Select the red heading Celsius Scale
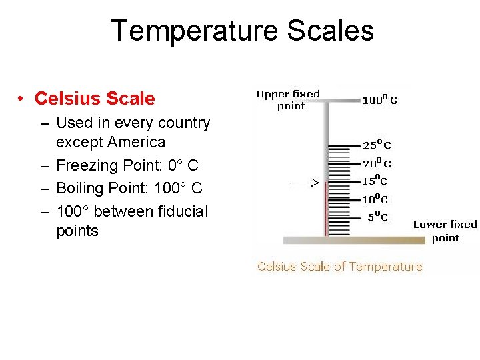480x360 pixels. point(95,99)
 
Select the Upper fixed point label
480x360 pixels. point(289,100)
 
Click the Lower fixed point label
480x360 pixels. point(445,231)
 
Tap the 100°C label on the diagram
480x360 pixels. point(379,101)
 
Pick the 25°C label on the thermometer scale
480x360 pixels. point(377,145)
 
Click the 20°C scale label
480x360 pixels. point(377,163)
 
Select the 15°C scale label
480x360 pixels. point(374,181)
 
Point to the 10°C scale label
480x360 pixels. point(375,199)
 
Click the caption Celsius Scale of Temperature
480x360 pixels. point(339,267)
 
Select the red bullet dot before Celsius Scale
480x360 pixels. point(22,99)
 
